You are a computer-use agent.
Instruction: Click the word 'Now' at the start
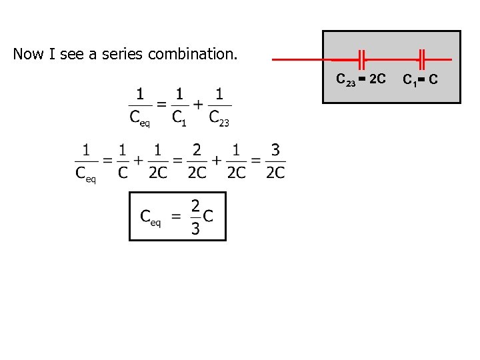pos(27,54)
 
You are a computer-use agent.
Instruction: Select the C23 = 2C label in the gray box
pos(360,80)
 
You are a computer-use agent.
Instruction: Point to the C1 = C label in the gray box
pos(420,80)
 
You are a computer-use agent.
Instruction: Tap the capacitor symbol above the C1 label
pos(421,59)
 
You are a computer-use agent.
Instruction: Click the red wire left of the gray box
pos(297,59)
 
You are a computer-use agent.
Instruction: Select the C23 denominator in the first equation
pos(219,119)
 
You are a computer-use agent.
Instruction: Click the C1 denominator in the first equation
pos(179,119)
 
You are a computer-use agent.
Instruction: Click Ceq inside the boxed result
pos(150,217)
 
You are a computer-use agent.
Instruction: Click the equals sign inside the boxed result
pos(176,217)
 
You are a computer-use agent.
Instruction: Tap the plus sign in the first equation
pos(199,105)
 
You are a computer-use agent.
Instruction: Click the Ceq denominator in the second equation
pos(85,175)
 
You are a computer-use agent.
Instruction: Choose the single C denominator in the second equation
pos(122,173)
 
